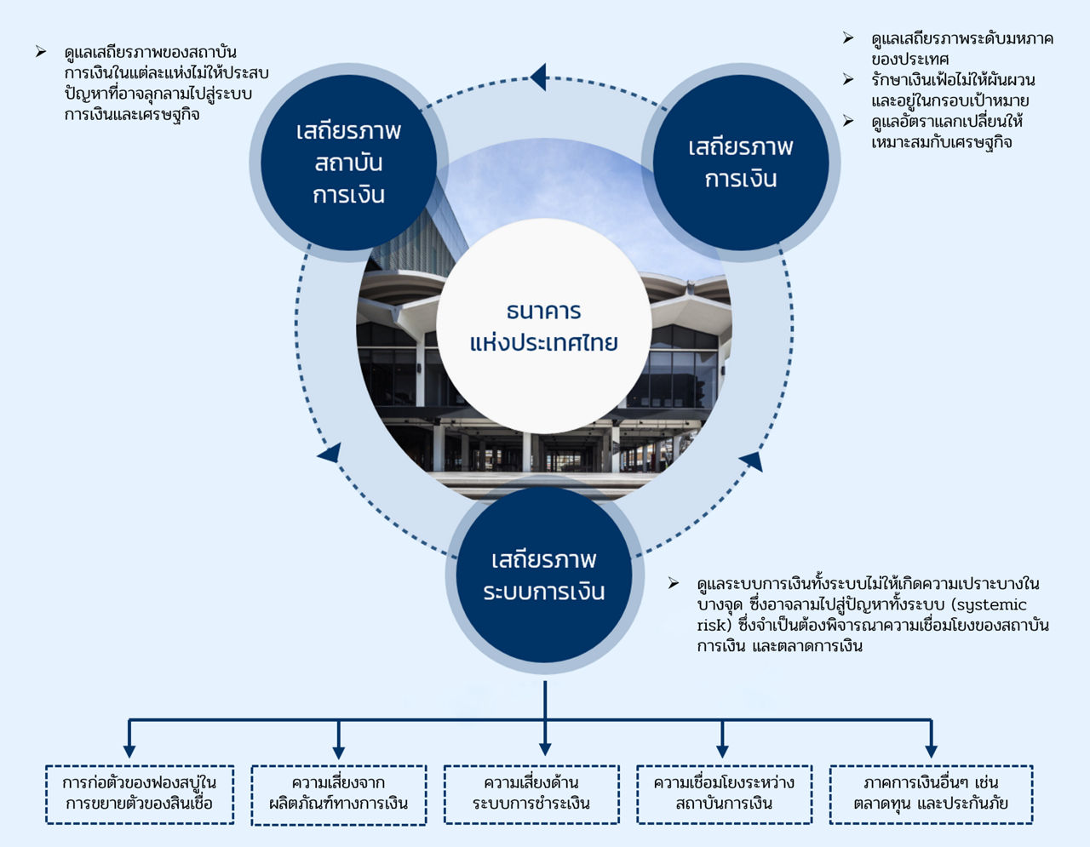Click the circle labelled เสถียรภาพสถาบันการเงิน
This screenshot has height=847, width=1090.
[348, 163]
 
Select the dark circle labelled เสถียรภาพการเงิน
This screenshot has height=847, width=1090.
[740, 163]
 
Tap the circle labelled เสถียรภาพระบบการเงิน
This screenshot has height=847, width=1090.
[544, 575]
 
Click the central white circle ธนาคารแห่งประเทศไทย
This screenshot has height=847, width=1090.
[544, 327]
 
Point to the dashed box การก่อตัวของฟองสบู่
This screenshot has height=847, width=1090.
[140, 793]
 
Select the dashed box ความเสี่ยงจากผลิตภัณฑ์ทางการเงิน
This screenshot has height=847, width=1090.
[338, 793]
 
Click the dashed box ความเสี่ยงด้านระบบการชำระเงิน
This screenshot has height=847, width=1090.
[531, 793]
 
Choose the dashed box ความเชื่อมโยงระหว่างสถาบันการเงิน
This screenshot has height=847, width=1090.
[724, 793]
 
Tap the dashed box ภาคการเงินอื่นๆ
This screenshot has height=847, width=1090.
[931, 793]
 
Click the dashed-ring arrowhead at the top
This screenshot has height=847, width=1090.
[537, 77]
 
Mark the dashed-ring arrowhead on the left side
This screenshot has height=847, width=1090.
[330, 452]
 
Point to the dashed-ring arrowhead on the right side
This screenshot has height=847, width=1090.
[751, 461]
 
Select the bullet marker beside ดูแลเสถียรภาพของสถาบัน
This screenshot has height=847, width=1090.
[41, 53]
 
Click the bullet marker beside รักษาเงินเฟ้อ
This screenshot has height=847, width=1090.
[848, 79]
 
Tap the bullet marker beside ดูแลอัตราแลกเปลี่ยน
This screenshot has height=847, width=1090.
[848, 121]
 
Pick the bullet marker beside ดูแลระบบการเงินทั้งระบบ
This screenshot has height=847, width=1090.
[674, 583]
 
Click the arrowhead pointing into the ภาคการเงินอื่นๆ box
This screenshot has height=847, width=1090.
[931, 750]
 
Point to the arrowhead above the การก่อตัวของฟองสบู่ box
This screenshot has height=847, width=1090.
[129, 750]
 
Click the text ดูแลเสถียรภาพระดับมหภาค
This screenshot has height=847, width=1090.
[961, 39]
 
